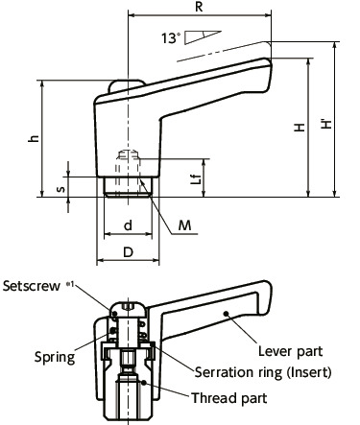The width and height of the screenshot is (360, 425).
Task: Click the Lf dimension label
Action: pos(195,178)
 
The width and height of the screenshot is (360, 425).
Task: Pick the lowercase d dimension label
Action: pos(128,225)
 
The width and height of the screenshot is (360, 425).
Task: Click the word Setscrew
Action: pos(32,286)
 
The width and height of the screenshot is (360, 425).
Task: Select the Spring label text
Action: pos(55,356)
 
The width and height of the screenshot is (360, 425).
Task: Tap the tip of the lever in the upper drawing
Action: pos(269,67)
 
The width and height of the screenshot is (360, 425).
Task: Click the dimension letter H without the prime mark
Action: pos(300,128)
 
